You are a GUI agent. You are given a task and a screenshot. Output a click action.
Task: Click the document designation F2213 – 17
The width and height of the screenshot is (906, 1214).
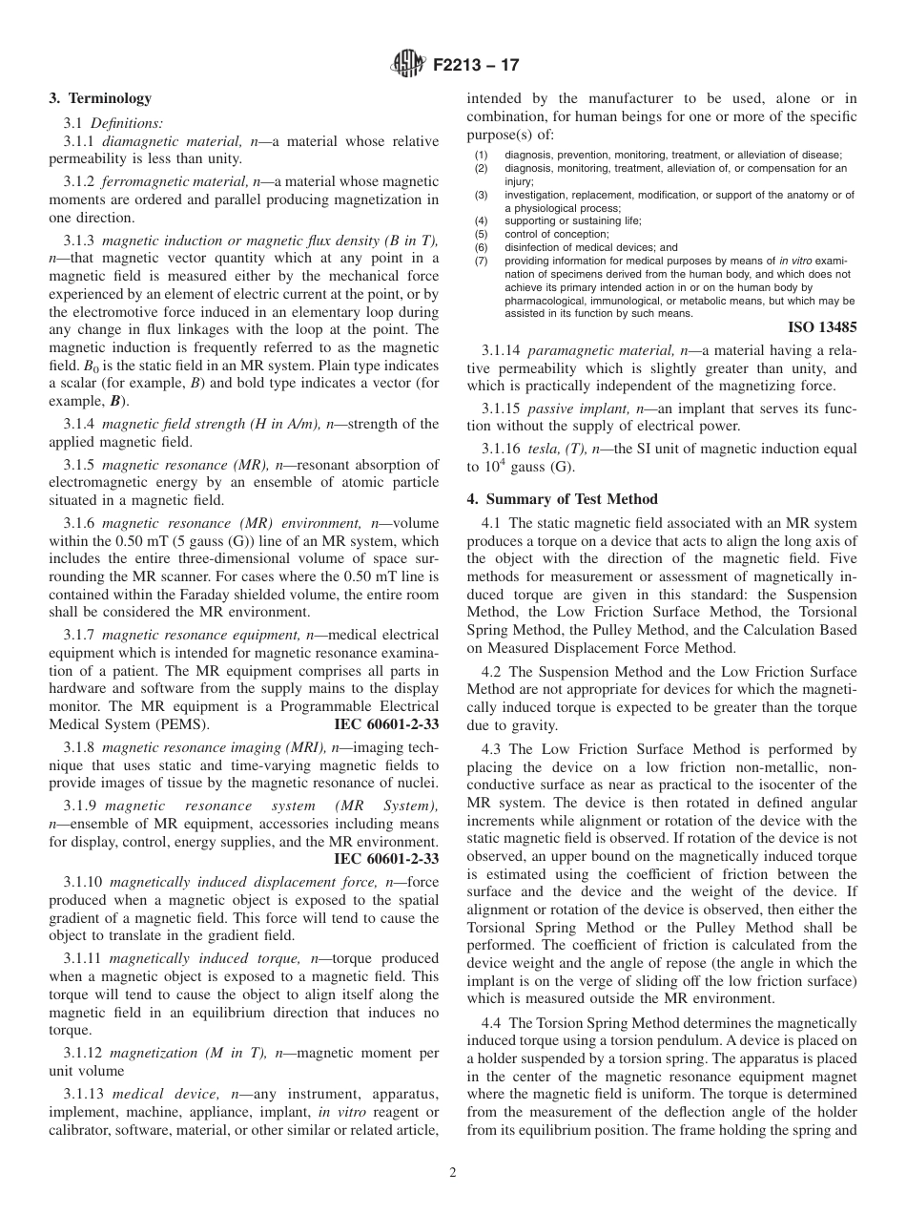(476, 66)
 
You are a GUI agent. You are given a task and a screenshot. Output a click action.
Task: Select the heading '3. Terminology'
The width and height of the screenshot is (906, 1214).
(100, 98)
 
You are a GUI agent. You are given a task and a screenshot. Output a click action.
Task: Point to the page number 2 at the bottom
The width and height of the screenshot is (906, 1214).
(453, 1173)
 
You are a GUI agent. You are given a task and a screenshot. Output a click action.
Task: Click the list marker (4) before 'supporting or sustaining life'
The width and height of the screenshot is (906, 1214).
(482, 220)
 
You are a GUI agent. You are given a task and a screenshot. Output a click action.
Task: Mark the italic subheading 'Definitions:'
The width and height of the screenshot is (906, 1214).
(127, 122)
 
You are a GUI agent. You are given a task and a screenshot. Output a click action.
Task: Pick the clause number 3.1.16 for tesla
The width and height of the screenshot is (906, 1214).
(502, 449)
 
